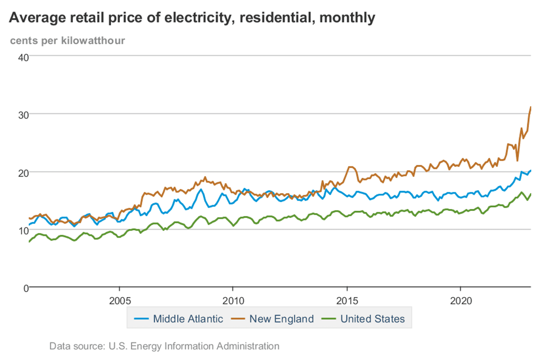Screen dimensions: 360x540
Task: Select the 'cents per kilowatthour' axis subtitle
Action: click(67, 41)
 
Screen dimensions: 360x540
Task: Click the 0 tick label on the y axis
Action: click(26, 288)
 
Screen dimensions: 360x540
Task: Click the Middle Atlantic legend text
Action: click(188, 319)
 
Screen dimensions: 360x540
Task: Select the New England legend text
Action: click(281, 319)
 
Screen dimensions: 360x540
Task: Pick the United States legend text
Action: click(372, 319)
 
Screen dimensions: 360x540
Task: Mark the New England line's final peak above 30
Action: click(531, 107)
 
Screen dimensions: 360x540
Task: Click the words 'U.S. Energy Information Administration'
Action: click(194, 346)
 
